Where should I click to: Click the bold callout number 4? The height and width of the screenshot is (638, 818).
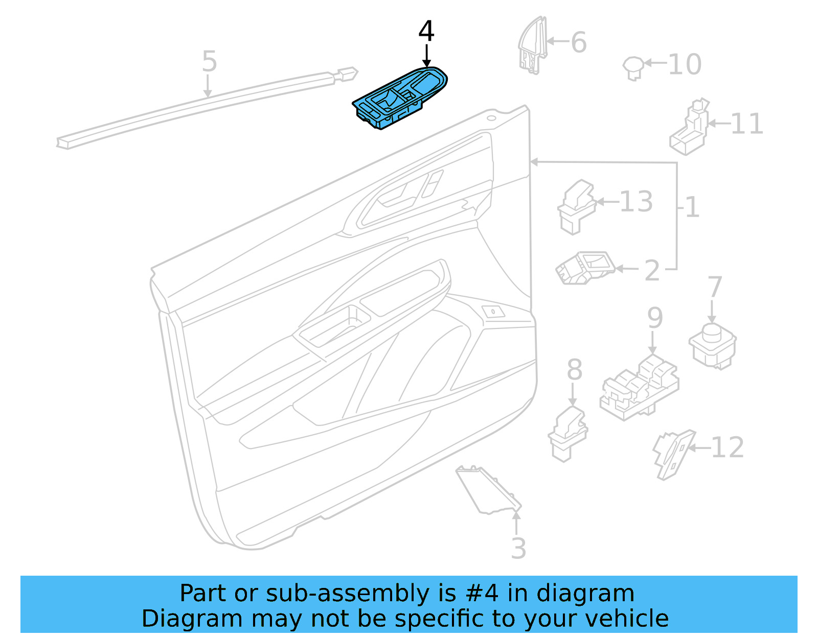click(426, 32)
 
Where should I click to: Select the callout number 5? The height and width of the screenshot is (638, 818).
click(209, 61)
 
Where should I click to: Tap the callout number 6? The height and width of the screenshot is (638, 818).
click(578, 42)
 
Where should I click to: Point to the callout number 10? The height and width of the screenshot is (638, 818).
click(684, 65)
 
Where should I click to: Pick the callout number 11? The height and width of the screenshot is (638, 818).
click(746, 124)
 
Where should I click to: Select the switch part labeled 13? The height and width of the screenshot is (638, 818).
click(576, 206)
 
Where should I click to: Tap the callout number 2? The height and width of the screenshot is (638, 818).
click(651, 271)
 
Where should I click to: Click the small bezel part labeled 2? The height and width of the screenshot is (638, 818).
click(584, 267)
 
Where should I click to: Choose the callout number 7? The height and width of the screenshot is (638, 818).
click(714, 288)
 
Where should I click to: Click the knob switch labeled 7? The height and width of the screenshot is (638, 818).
click(712, 344)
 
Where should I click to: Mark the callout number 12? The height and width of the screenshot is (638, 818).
click(726, 448)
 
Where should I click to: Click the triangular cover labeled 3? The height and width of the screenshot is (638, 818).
click(486, 489)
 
